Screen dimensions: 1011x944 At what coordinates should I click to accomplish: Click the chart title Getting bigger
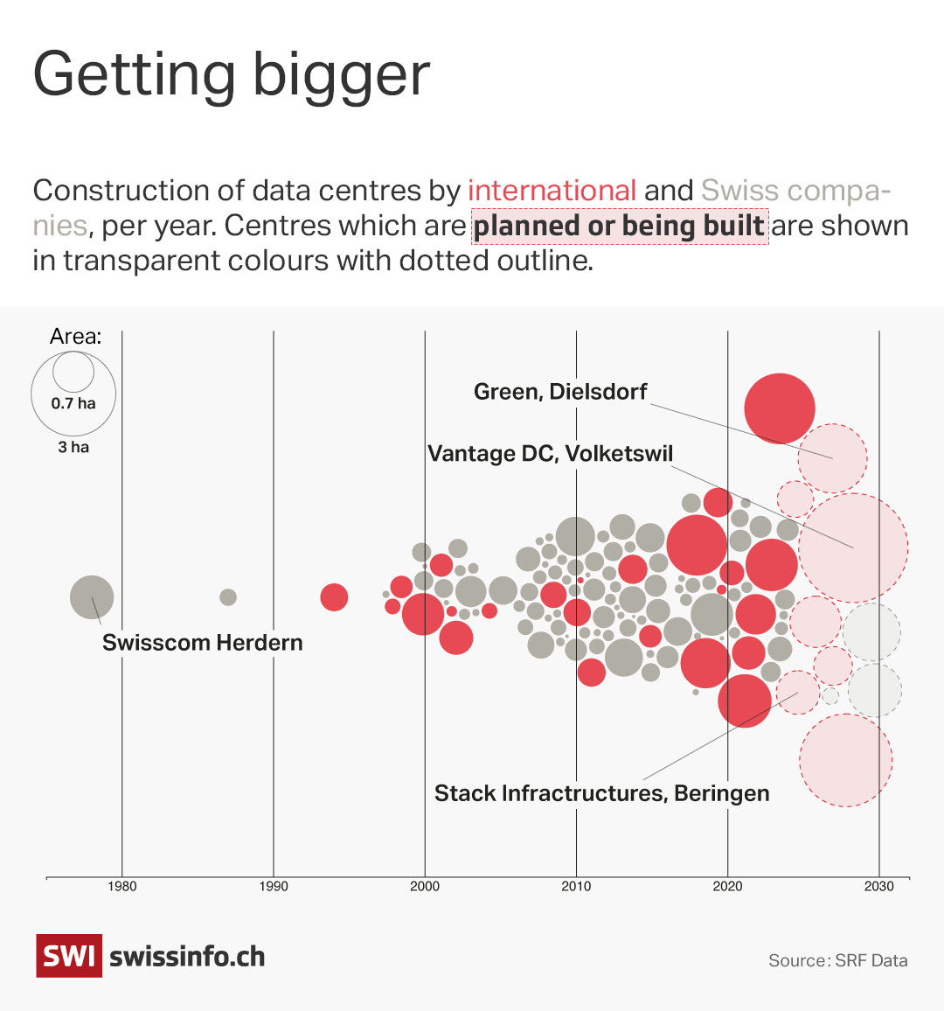tap(231, 75)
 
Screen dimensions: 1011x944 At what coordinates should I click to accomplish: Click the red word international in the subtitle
tap(552, 191)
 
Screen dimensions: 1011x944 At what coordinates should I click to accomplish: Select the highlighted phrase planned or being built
tap(620, 226)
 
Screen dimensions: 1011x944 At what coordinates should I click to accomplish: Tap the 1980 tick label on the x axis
tap(121, 886)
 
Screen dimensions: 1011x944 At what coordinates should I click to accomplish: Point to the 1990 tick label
tap(274, 886)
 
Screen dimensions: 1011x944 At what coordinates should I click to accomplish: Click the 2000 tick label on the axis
tap(425, 886)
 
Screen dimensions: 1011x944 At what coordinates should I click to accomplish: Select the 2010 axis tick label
tap(576, 886)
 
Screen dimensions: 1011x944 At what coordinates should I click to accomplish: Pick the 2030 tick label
tap(879, 886)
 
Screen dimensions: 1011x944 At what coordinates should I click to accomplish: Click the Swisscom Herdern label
tap(202, 643)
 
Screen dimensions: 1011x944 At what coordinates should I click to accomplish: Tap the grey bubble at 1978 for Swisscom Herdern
tap(92, 598)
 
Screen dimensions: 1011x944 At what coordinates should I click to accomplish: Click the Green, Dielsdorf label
tap(560, 392)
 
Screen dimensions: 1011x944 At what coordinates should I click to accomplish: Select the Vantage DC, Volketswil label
tap(550, 454)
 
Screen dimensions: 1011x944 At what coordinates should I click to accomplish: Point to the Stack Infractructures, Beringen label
tap(601, 793)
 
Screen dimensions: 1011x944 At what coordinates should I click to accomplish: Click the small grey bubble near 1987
tap(228, 597)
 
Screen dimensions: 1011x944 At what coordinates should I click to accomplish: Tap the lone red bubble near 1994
tap(334, 597)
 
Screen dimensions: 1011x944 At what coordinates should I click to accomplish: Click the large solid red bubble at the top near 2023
tap(780, 408)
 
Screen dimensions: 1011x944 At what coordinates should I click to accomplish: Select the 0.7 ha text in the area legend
tap(73, 403)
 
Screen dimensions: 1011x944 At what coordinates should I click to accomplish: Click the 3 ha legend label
tap(73, 447)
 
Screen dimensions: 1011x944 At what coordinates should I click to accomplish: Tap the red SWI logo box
tap(68, 956)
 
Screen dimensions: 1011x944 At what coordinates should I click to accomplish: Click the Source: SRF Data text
tap(837, 960)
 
